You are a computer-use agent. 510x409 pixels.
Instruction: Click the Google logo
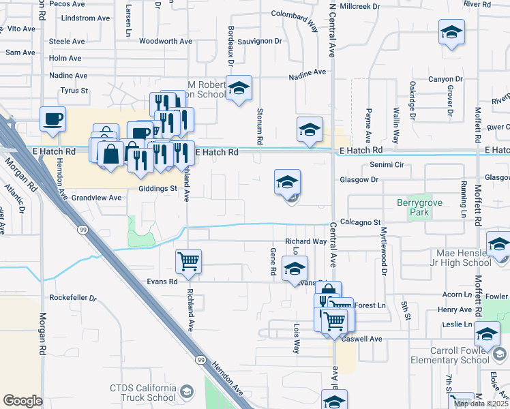coord(22,401)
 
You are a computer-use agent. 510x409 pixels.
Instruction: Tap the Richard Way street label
coord(305,241)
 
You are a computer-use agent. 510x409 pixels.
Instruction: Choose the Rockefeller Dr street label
coord(74,298)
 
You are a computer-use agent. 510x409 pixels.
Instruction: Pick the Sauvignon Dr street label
coord(260,42)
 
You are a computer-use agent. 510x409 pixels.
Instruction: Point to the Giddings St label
coord(157,188)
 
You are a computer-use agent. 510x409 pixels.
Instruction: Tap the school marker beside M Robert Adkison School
coord(239,89)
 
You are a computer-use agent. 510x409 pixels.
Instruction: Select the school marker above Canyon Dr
coord(451,33)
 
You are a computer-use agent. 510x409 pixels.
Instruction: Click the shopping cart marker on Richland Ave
coord(188,260)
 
